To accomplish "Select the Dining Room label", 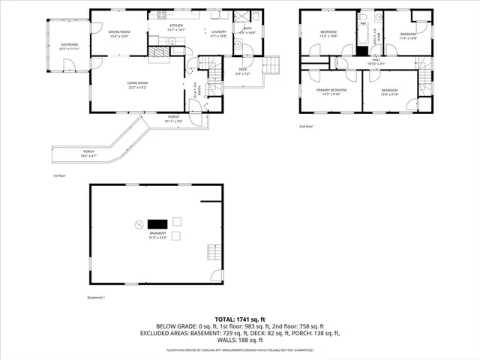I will pos(119,34).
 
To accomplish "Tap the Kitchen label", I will pos(175,28).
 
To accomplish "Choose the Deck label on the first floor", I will pos(244,72).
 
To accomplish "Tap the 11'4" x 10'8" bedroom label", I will pos(408,36).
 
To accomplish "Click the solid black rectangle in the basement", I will pos(157,223).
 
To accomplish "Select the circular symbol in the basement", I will pos(138,224).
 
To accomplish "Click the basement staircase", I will pos(214,252).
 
